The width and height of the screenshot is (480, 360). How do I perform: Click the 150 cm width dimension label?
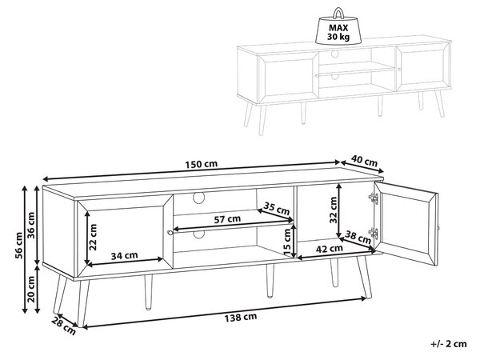pos(202,164)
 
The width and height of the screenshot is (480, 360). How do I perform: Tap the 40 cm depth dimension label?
pos(364,161)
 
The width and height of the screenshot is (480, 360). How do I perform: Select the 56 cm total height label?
pos(19,246)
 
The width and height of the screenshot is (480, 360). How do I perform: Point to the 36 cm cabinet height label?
pos(31,225)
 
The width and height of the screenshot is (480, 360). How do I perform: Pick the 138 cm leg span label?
pos(241,317)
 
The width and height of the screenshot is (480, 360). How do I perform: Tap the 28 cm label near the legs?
pos(63,326)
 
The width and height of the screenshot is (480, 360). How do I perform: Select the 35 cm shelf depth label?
pos(277,209)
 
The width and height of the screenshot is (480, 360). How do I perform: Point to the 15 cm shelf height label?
pos(287,242)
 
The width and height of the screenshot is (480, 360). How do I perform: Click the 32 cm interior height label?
pos(334,210)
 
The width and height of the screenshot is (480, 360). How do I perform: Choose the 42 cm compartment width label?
pos(329,248)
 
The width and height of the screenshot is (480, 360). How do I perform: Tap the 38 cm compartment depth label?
pos(358,237)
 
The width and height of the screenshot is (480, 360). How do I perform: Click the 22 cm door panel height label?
pos(94,237)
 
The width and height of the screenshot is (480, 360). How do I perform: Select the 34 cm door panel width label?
pos(124,255)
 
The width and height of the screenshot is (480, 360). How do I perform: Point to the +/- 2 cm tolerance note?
pos(449,344)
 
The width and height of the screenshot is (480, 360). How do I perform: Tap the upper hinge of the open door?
pos(374,198)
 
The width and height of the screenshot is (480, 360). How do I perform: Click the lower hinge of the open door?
pos(374,234)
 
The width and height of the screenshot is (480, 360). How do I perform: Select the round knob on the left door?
pos(169,233)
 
